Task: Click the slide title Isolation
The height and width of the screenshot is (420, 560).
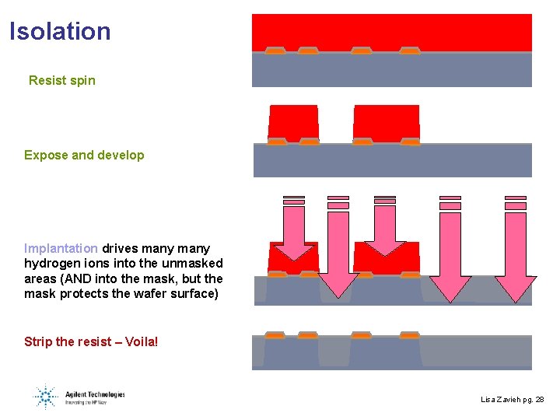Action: [x=61, y=32]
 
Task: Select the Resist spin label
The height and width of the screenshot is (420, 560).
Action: [x=62, y=80]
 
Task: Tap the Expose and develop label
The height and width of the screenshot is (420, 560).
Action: [x=84, y=155]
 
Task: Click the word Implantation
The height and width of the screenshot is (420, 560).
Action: [x=61, y=248]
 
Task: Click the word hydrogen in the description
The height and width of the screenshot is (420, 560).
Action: [x=54, y=264]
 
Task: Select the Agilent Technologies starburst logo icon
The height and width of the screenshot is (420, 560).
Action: [x=46, y=397]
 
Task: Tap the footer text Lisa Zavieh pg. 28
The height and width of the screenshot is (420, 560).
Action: [x=513, y=399]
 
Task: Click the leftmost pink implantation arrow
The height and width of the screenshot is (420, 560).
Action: [x=293, y=233]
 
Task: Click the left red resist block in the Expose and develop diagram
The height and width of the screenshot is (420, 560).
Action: [x=293, y=122]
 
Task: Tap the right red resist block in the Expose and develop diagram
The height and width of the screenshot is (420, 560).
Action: [x=386, y=122]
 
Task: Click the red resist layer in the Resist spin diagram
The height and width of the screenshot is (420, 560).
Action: [x=391, y=31]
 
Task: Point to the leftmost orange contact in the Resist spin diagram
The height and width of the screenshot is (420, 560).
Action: [x=275, y=51]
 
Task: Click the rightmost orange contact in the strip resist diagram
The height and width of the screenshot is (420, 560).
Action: [x=409, y=335]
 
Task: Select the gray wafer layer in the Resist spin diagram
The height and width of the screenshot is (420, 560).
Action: [x=391, y=71]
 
